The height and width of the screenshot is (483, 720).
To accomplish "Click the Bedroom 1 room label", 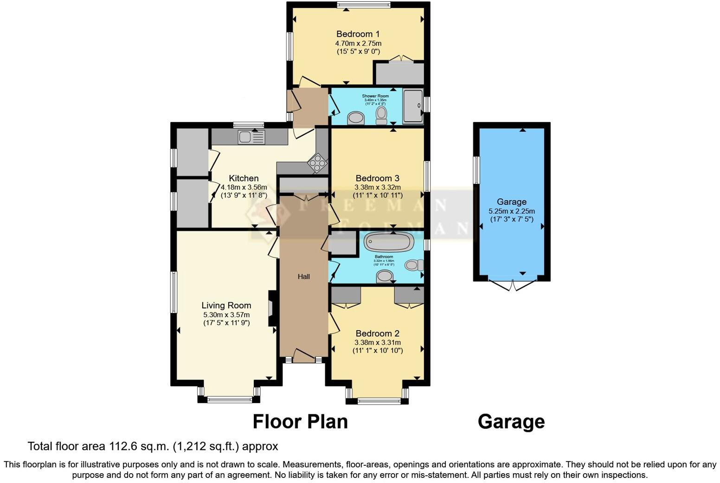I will [x=358, y=34].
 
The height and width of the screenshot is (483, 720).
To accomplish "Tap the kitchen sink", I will [x=251, y=137].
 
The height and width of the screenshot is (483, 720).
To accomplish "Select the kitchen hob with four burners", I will [x=318, y=163].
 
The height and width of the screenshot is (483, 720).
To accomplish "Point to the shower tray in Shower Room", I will [x=413, y=106].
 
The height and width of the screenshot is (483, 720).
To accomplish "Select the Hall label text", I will [x=304, y=277].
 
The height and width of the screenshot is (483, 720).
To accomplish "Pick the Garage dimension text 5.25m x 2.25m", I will [x=511, y=211].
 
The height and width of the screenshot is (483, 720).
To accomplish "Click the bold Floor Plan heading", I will [x=300, y=422].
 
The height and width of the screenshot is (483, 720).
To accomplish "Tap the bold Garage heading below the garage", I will [x=511, y=422].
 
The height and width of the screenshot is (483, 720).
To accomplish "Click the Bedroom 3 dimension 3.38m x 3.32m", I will [x=377, y=187].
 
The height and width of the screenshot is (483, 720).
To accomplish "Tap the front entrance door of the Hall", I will [x=304, y=356].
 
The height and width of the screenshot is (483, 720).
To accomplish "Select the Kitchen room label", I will [x=244, y=178].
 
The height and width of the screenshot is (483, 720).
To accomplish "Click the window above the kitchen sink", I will [x=248, y=124].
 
